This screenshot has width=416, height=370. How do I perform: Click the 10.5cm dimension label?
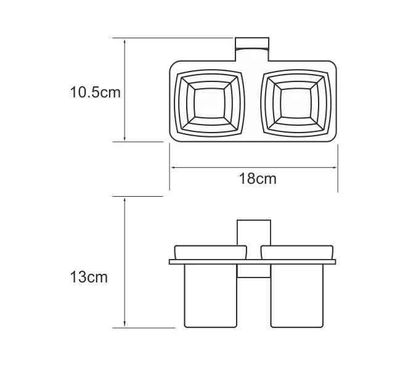pos(94,92)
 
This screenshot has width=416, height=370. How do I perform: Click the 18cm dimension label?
pos(257,179)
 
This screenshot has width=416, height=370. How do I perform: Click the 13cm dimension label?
pos(88,277)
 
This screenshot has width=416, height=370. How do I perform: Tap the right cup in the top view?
pos(295,102)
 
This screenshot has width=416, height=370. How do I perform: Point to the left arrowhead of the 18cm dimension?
pos(173,166)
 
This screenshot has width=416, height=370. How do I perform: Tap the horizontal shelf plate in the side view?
pos(253,262)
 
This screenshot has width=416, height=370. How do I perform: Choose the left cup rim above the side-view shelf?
pos(210,253)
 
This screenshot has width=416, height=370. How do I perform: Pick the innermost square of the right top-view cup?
pos(295,102)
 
